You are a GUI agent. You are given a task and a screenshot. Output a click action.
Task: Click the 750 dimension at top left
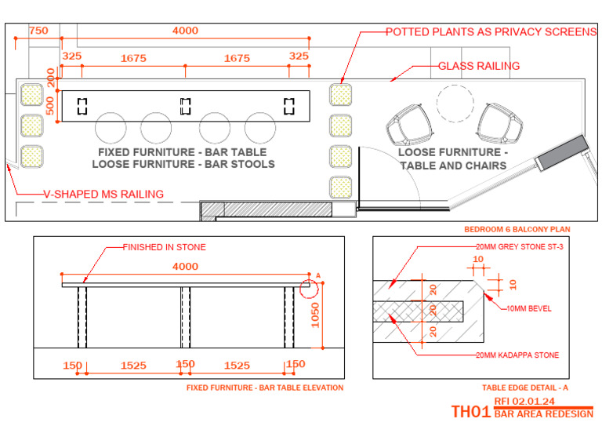click(38, 31)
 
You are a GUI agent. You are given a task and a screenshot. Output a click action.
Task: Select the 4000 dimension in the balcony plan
click(185, 31)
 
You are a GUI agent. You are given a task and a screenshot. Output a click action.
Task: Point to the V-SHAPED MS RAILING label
click(103, 194)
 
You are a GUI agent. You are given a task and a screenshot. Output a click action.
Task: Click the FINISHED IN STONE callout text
click(164, 247)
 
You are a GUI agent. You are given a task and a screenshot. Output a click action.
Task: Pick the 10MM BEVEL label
click(528, 308)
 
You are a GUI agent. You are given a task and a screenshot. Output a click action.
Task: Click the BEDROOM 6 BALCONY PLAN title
click(517, 230)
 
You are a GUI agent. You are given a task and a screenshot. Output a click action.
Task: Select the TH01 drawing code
click(471, 412)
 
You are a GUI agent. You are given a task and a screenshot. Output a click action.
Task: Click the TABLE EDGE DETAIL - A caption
click(520, 388)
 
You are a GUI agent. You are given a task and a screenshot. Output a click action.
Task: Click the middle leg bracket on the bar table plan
click(186, 105)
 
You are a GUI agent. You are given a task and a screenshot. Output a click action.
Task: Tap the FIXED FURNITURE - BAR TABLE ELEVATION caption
click(265, 388)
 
